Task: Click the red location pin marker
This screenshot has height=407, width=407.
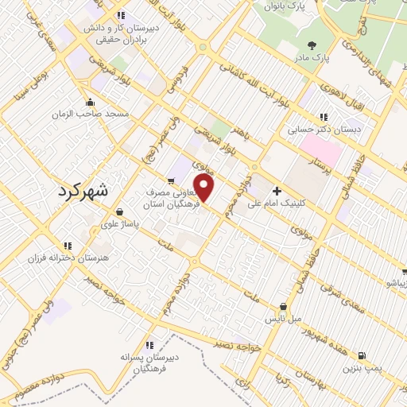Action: click(205, 189)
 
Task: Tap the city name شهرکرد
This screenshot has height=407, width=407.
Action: click(87, 191)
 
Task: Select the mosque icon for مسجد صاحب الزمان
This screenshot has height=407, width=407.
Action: click(90, 102)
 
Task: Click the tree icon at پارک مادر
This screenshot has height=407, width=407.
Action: click(308, 46)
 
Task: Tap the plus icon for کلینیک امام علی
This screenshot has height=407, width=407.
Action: click(277, 191)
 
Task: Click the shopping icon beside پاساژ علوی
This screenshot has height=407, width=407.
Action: click(118, 212)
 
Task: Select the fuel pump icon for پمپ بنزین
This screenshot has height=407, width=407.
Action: click(362, 355)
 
